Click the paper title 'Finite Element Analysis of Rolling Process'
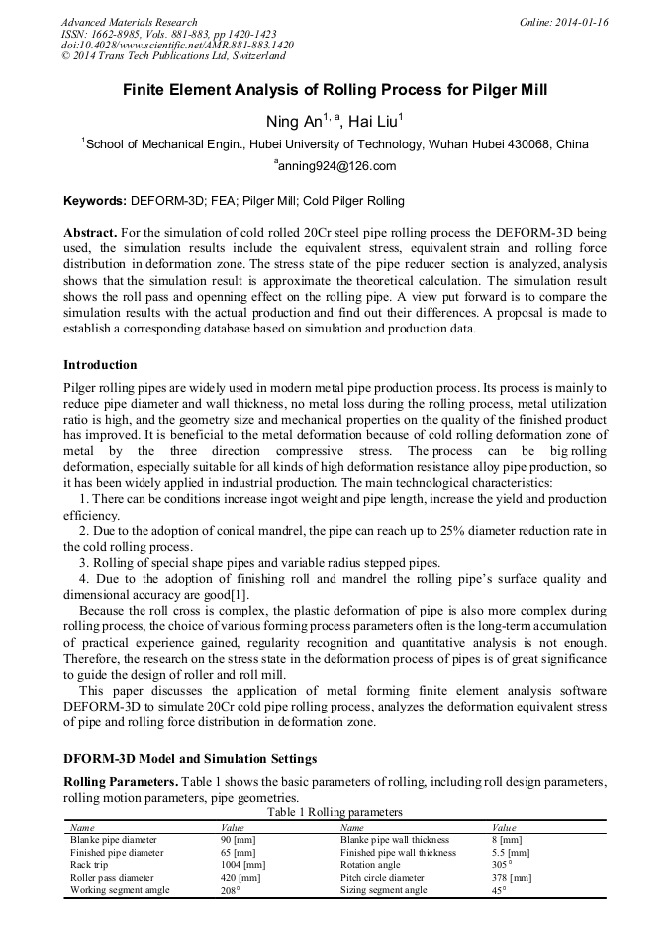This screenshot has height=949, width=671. click(335, 90)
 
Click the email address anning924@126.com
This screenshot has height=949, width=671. click(335, 166)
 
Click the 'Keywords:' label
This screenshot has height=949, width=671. click(95, 201)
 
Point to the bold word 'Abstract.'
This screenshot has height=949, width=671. click(90, 233)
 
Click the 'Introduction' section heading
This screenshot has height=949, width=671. click(100, 365)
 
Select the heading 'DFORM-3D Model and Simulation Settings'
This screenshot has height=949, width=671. click(189, 759)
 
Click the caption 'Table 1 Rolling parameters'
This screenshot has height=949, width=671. click(335, 812)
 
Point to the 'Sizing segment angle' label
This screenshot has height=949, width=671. click(384, 890)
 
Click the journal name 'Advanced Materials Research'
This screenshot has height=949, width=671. click(129, 22)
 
